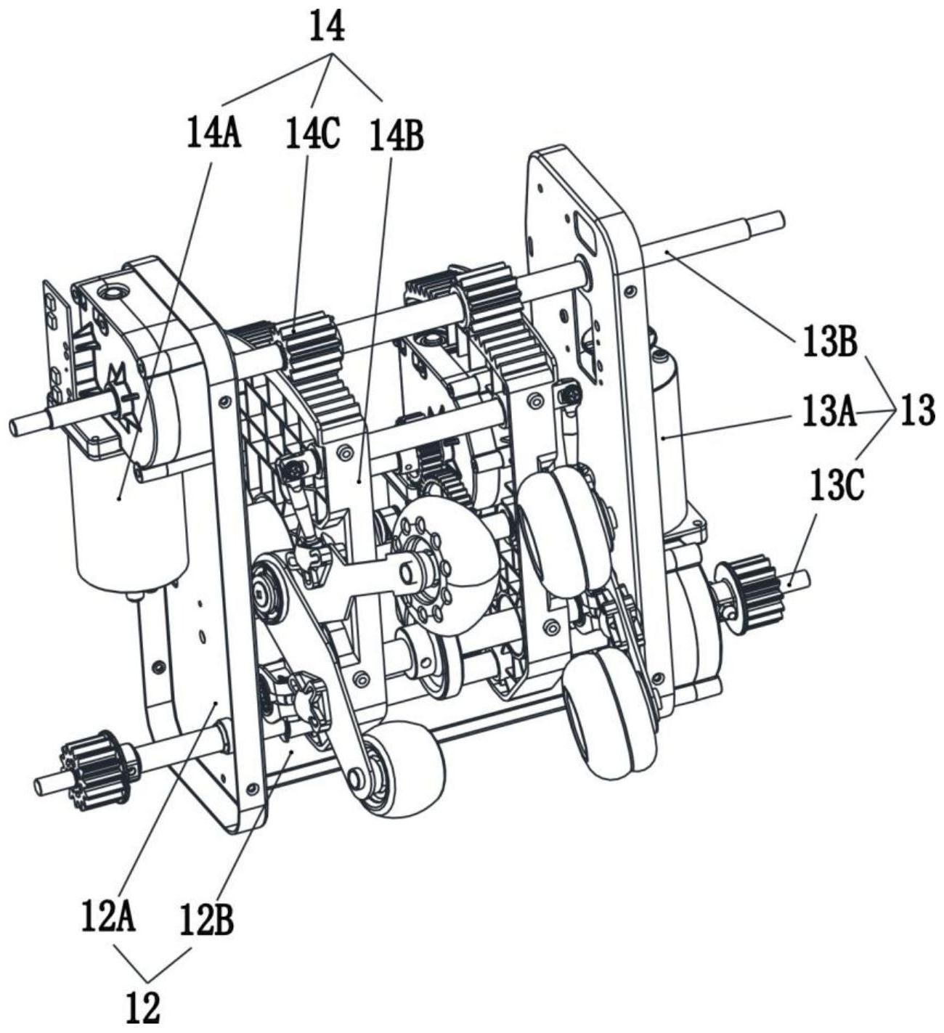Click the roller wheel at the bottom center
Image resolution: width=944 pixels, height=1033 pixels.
click(407, 773)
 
